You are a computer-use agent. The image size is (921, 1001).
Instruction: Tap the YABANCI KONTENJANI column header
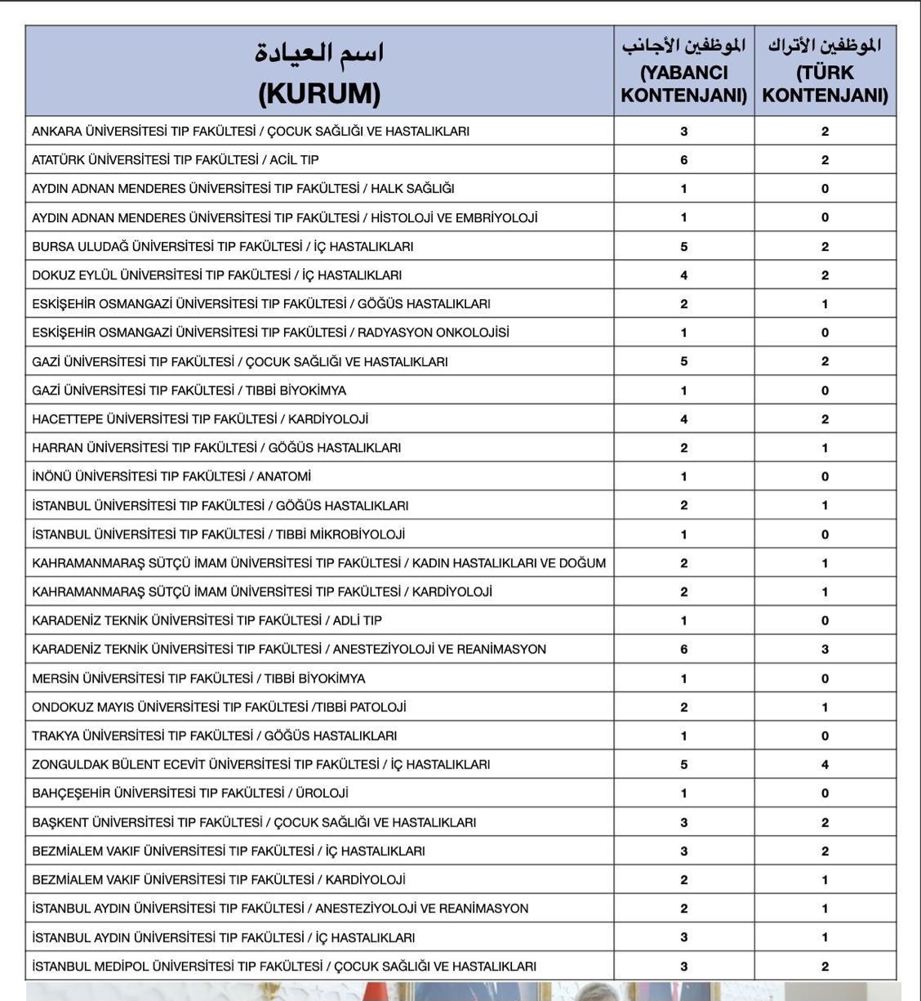(684, 72)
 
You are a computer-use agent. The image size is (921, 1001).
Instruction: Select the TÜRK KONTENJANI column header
(825, 72)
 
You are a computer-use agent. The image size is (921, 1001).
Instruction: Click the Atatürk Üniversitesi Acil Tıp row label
(176, 160)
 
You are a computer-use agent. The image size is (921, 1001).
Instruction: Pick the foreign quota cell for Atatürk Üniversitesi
(684, 160)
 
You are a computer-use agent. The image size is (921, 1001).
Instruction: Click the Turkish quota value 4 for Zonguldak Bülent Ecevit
(825, 765)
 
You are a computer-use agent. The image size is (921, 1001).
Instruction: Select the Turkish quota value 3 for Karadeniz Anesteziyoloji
(825, 650)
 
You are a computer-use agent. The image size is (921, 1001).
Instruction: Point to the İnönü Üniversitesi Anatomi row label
(171, 476)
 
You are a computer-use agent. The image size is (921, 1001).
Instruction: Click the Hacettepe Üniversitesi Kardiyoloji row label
(200, 419)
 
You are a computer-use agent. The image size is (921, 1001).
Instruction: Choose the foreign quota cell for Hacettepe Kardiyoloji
(684, 419)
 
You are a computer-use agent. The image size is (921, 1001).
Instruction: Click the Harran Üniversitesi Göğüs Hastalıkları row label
(216, 448)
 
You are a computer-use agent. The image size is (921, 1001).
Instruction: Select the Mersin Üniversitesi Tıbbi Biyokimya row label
(198, 678)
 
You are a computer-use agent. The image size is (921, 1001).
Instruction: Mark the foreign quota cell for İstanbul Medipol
(684, 967)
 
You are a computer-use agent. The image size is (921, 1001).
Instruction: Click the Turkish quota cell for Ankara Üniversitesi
(825, 132)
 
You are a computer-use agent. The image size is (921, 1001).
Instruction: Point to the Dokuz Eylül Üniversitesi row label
(216, 275)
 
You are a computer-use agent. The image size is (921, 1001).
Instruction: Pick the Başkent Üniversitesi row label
(254, 823)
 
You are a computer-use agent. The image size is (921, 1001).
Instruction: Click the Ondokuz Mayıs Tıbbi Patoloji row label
(219, 708)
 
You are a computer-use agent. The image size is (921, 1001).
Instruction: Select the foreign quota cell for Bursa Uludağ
(684, 247)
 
